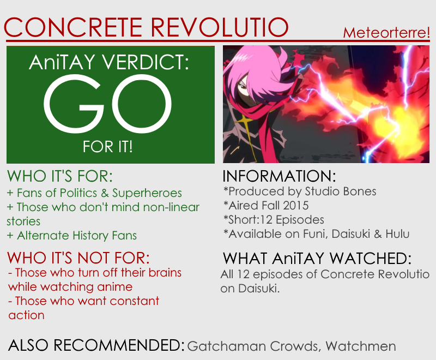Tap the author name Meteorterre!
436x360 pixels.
pos(386,33)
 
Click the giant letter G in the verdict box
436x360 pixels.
pos(74,104)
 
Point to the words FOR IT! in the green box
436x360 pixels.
pos(107,147)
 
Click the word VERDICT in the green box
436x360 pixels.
pos(146,62)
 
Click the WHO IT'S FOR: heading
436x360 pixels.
pos(60,176)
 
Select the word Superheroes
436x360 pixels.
pos(147,193)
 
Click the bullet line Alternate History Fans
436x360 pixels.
pos(72,236)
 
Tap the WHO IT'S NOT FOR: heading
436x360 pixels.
pos(78,258)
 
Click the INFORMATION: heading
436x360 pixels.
pos(279,176)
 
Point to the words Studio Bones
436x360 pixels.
pos(340,191)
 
